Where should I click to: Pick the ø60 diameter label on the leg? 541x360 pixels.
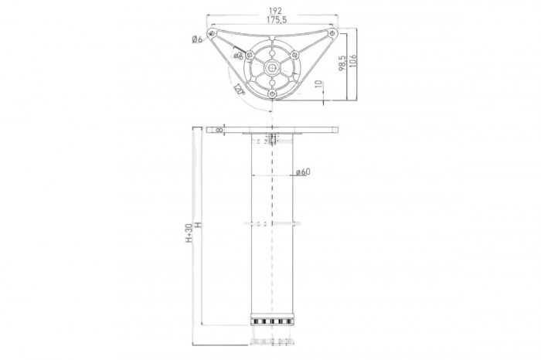click(x=302, y=172)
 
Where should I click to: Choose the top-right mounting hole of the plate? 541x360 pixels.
click(x=332, y=34)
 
